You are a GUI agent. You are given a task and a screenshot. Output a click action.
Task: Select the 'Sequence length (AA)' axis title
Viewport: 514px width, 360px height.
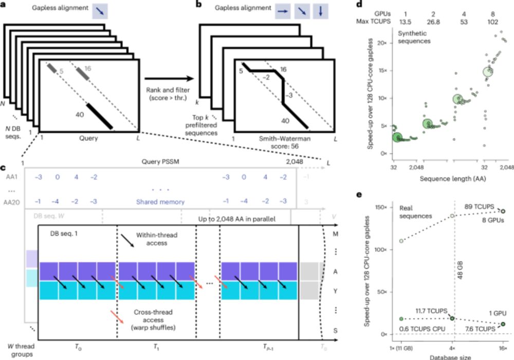[446, 178]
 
